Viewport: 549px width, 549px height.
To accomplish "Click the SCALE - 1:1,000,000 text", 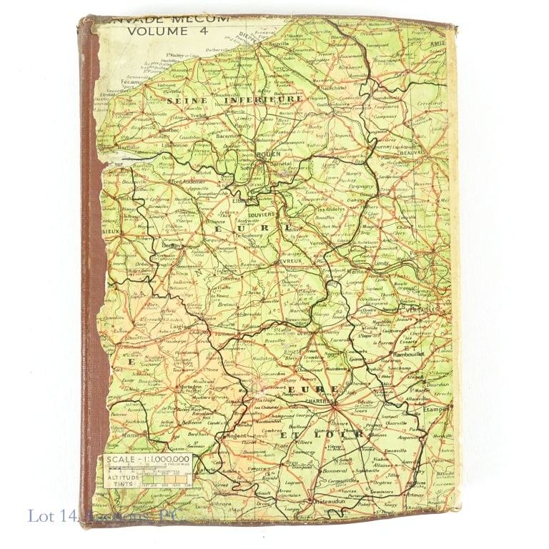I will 148,460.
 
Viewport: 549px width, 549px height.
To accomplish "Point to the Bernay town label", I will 169,245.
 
